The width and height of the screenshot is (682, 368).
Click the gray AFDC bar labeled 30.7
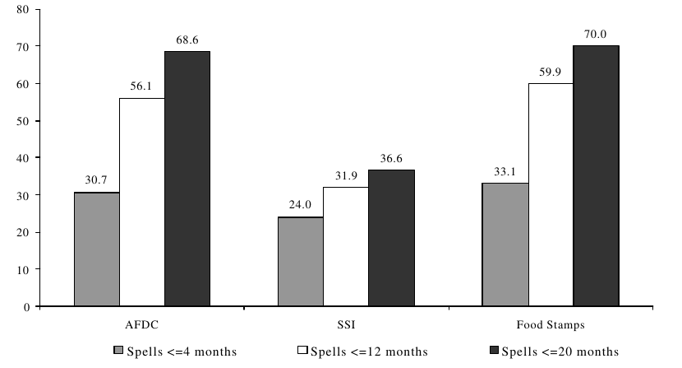96,249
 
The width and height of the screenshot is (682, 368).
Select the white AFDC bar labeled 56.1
141,202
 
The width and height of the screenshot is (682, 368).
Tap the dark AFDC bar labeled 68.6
187,179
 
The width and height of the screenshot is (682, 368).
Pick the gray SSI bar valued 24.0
300,261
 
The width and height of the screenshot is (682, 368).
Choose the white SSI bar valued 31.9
345,246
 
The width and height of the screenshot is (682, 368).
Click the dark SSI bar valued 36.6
391,238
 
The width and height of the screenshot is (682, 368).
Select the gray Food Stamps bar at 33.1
505,244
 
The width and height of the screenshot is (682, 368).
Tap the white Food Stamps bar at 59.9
550,194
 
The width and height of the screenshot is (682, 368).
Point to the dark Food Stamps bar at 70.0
595,175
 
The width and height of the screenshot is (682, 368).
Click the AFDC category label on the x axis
141,325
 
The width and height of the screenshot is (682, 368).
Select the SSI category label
346,325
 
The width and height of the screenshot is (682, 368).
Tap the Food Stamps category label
550,325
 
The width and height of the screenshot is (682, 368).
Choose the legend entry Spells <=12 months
362,352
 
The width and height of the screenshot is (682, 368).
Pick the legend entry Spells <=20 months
558,352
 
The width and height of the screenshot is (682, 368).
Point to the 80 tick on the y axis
22,10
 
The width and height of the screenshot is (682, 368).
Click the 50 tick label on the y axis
22,121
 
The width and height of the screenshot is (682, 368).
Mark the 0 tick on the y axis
25,306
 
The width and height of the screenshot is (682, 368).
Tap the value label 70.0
596,35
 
